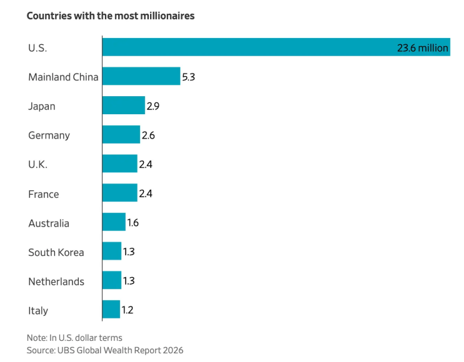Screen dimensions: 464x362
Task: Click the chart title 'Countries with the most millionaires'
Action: click(x=111, y=16)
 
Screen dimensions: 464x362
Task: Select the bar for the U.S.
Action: click(x=276, y=47)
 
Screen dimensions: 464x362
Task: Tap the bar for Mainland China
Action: click(x=141, y=76)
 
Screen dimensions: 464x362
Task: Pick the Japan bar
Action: click(x=124, y=105)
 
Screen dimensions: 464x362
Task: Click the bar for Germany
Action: click(x=121, y=134)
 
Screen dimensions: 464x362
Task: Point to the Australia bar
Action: click(x=114, y=222)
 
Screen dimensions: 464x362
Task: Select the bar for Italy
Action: click(x=111, y=309)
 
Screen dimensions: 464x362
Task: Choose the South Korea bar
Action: click(x=112, y=251)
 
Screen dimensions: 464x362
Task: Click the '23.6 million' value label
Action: click(x=423, y=48)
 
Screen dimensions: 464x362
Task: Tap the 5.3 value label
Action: click(x=188, y=77)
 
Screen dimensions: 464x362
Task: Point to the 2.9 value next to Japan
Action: click(x=153, y=106)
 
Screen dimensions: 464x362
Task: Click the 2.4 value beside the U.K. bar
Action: click(x=146, y=164)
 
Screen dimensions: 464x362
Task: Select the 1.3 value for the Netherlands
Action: click(x=129, y=281)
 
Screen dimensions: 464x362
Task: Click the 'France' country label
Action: click(x=44, y=194)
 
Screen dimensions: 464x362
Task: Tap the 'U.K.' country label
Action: click(x=38, y=165)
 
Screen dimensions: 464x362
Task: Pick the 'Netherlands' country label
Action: click(x=56, y=281)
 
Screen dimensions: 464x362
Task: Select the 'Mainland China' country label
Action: click(x=63, y=77)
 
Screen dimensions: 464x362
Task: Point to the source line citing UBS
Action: click(x=105, y=350)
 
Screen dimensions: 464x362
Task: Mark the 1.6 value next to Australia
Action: click(x=133, y=223)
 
